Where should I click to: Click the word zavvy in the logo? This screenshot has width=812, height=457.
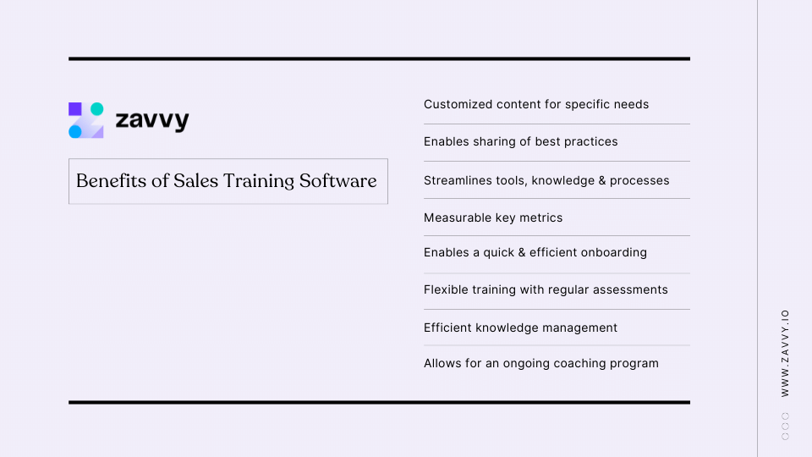coord(152,121)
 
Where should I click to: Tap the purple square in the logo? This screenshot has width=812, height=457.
coord(75,108)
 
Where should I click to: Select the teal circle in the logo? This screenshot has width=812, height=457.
coord(96,108)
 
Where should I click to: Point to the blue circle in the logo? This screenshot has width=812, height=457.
coord(75,131)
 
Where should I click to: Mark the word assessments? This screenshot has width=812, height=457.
coord(627,289)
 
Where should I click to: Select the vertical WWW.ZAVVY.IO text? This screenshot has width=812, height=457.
coord(785,352)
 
